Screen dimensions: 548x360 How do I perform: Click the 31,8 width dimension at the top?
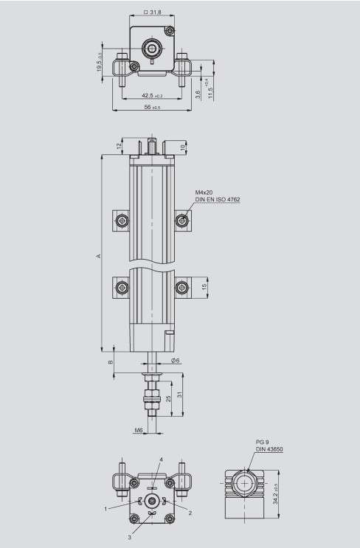(153, 12)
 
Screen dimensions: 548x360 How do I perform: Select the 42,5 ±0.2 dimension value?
(152, 95)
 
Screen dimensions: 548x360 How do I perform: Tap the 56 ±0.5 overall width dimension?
(152, 107)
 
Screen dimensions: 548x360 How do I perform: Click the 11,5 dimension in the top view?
(210, 90)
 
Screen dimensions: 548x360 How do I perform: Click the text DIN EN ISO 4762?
(218, 200)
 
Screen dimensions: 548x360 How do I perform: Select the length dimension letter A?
(97, 255)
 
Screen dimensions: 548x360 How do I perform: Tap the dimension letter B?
(111, 362)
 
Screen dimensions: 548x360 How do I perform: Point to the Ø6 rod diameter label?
(176, 360)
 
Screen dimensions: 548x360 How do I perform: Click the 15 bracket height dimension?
(204, 287)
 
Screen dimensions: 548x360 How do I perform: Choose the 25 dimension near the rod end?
(169, 398)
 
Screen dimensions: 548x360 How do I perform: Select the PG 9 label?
(265, 441)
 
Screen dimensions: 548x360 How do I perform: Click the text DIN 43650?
(270, 449)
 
